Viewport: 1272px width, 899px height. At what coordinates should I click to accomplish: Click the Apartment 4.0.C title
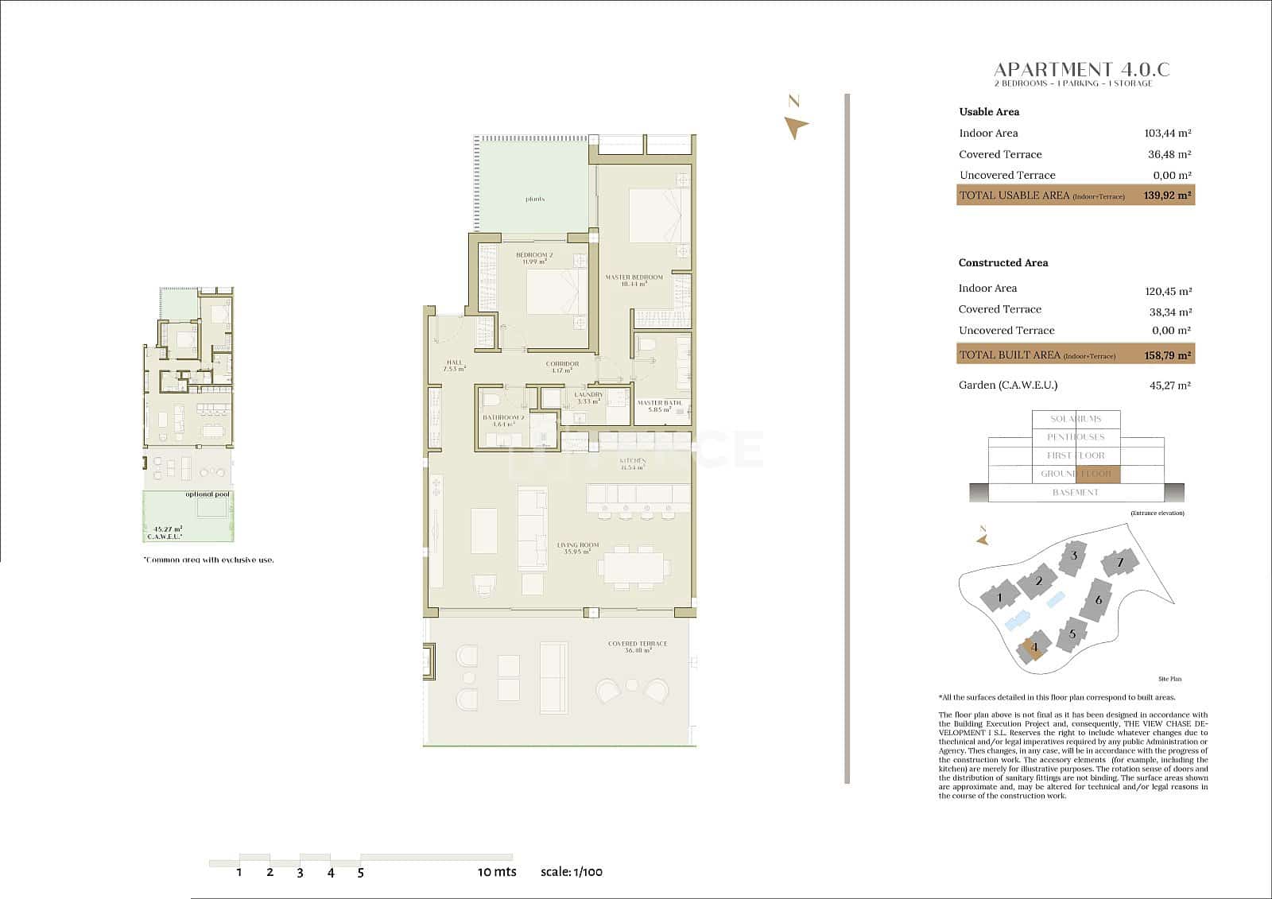(x=1081, y=70)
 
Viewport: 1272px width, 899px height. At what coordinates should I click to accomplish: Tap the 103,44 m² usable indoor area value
(x=1167, y=134)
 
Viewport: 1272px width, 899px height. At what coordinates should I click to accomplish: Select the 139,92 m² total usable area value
(x=1167, y=196)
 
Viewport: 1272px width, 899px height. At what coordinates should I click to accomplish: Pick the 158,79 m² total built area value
(x=1167, y=355)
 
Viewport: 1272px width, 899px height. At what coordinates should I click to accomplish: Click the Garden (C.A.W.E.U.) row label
(x=1007, y=386)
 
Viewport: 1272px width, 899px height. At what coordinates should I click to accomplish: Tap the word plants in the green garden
(x=535, y=199)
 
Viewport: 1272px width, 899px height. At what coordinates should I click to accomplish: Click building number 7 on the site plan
(x=1119, y=563)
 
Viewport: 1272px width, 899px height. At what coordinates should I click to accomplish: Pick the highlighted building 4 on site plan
(x=1034, y=647)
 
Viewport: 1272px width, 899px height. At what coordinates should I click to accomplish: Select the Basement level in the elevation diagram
(x=1075, y=493)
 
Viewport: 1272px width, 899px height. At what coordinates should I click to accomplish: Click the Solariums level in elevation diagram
(x=1076, y=419)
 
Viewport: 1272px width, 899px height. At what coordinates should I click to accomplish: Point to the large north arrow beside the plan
(x=795, y=126)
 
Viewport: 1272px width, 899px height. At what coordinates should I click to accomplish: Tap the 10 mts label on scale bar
(x=497, y=872)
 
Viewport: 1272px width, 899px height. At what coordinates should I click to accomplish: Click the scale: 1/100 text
(x=571, y=872)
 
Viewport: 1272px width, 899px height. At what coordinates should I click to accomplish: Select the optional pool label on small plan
(x=207, y=494)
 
